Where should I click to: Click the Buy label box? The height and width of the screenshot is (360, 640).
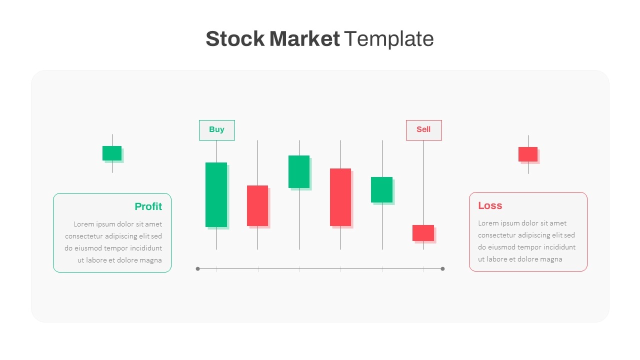tap(217, 130)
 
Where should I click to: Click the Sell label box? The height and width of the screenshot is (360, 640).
tap(423, 130)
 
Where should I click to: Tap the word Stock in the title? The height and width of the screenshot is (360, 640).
tap(235, 39)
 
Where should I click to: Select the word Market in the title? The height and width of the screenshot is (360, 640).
tap(304, 39)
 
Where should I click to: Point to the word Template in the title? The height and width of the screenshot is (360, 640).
tap(389, 39)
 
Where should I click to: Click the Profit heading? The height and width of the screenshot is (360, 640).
tap(148, 206)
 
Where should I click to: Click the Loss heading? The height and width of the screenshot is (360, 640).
tap(490, 205)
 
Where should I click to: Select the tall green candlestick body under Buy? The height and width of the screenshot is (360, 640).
tap(216, 195)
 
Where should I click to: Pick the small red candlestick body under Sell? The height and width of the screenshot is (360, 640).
tap(423, 233)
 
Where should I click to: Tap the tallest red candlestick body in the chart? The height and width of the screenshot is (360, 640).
tap(340, 197)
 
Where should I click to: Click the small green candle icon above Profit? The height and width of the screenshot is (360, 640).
tap(112, 153)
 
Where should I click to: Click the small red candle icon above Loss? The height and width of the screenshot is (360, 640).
tap(528, 154)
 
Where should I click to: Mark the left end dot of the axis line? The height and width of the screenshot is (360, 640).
tap(197, 269)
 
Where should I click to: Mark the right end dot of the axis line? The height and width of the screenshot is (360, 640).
tap(442, 269)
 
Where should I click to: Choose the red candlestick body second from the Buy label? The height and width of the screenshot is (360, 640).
tap(257, 205)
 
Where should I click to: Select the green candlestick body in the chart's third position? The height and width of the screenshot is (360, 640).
tap(299, 171)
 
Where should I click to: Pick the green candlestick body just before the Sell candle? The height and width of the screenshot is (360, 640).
tap(381, 189)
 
